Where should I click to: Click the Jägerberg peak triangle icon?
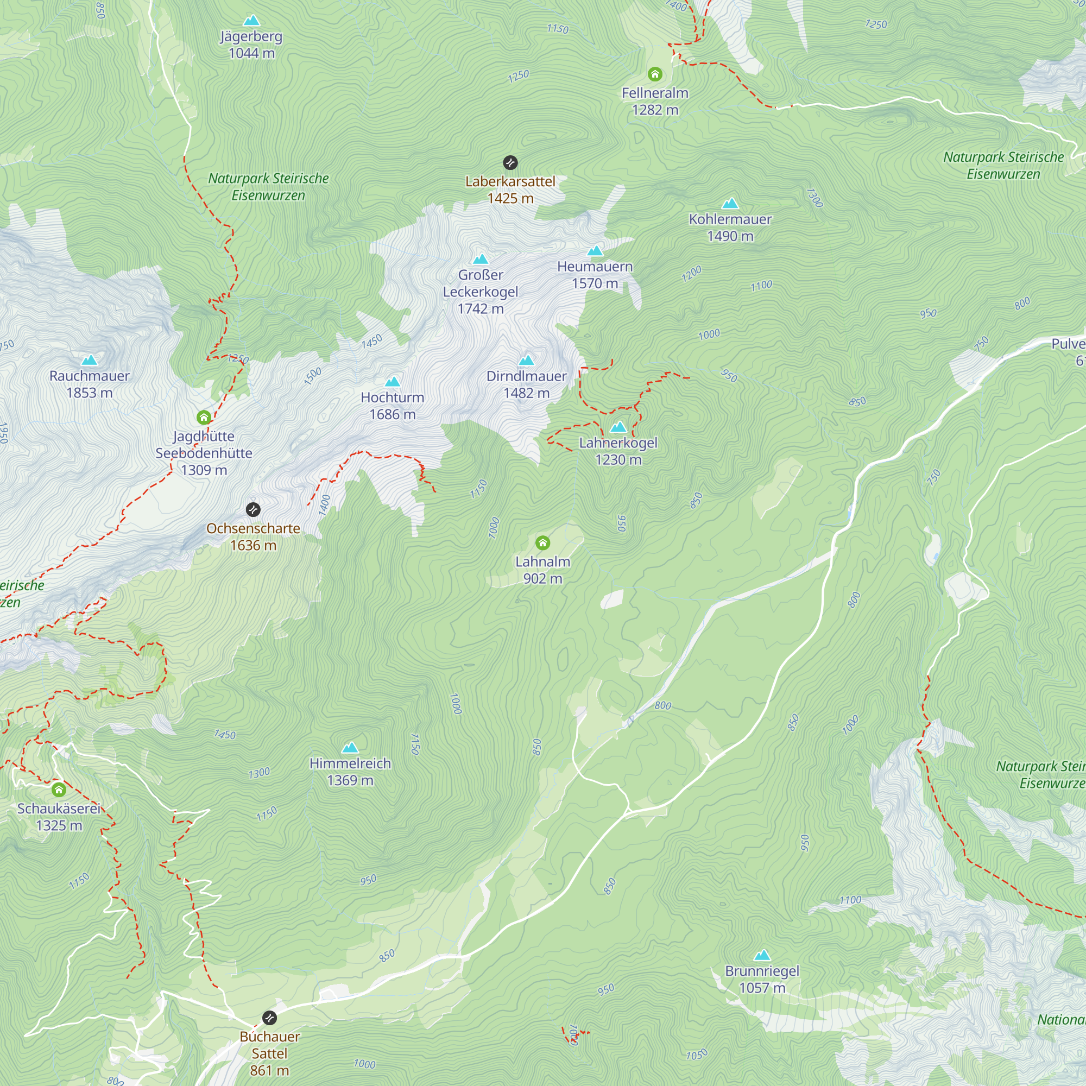(251, 21)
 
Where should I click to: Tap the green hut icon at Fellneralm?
(655, 74)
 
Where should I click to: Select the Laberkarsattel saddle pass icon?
(510, 163)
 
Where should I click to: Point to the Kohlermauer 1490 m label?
(730, 227)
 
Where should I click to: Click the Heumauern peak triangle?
(595, 251)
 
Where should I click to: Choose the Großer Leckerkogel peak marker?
(480, 259)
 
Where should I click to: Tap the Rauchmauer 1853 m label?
(90, 384)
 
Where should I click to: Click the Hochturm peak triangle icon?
(393, 382)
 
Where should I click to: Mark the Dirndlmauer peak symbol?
(526, 361)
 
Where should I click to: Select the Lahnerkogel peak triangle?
(618, 427)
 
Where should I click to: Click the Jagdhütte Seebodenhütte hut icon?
(204, 417)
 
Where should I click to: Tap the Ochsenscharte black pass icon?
(253, 510)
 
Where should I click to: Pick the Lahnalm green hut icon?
(542, 542)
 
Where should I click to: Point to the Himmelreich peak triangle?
(350, 748)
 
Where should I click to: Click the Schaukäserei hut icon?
(59, 790)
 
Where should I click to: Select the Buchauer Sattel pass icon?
(270, 1018)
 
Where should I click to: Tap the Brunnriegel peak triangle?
(762, 955)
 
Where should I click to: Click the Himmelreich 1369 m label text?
(350, 772)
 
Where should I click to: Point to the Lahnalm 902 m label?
(542, 570)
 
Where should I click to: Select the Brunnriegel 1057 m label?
(762, 979)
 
